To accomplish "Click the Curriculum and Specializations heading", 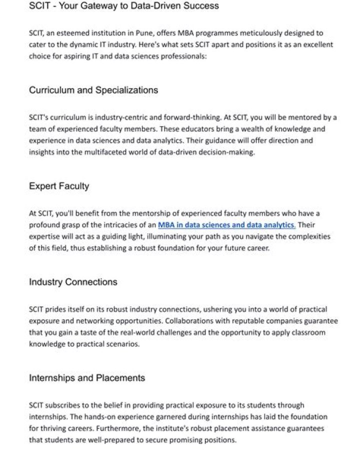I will point(93,90).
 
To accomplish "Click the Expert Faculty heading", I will point(59,186).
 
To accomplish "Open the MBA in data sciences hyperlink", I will point(226,225).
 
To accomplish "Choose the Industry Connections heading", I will point(73,282).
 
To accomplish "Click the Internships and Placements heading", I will point(87,378).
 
